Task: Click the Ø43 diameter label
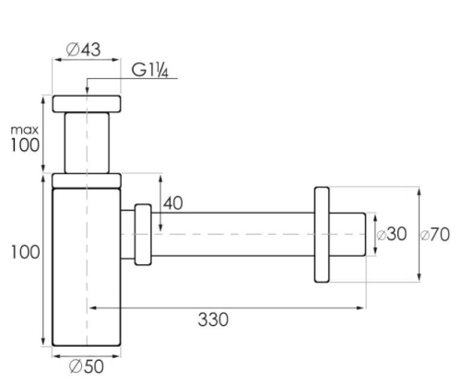pos(83,50)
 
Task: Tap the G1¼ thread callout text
pos(150,70)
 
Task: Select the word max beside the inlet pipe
pos(25,130)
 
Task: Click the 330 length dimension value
pos(213,319)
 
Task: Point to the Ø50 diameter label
pos(87,366)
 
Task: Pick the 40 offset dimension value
pos(172,203)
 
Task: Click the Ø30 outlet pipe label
pos(392,234)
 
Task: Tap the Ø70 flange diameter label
pos(434,235)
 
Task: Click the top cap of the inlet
pos(87,104)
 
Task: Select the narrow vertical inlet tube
pos(87,143)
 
